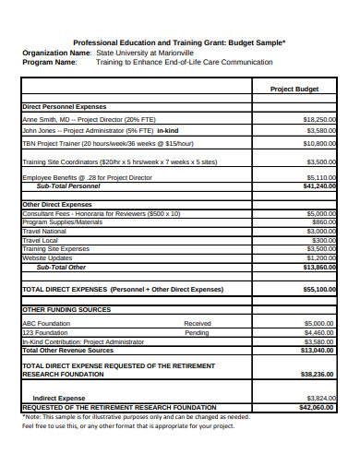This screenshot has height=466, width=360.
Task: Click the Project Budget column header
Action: point(294,90)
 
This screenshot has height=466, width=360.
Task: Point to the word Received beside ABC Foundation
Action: point(197,324)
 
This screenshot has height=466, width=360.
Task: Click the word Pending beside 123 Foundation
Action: point(196,332)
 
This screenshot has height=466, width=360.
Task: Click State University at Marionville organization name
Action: point(146,53)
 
